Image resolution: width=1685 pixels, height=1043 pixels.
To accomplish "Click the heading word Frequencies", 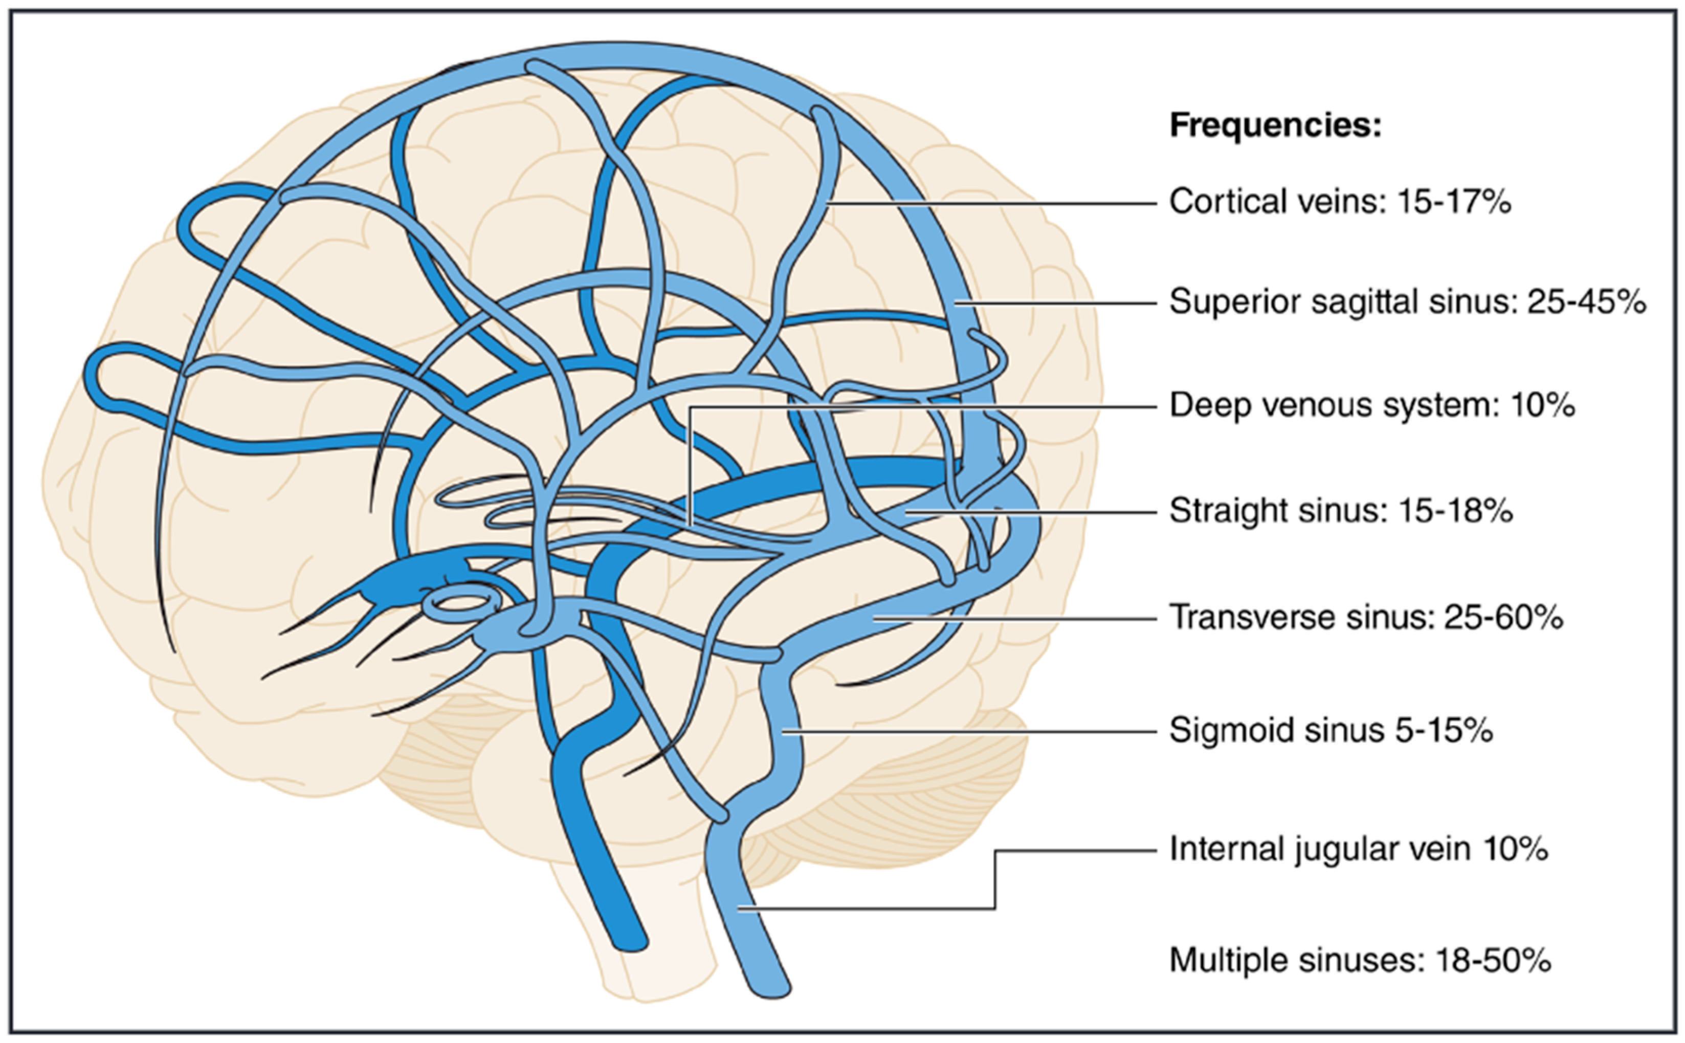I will coord(1275,125).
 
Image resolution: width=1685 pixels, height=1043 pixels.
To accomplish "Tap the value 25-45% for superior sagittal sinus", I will coord(1586,301).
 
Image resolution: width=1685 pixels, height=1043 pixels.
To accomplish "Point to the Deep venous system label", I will coord(1334,405).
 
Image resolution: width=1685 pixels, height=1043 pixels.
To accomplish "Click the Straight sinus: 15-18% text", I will coord(1340,510).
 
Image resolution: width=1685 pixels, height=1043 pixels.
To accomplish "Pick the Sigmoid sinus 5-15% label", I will coord(1331,730).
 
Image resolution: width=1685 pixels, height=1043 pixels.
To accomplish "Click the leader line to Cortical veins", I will coord(993,204).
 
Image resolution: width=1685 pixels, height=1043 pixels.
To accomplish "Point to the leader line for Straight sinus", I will coord(1034,512).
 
